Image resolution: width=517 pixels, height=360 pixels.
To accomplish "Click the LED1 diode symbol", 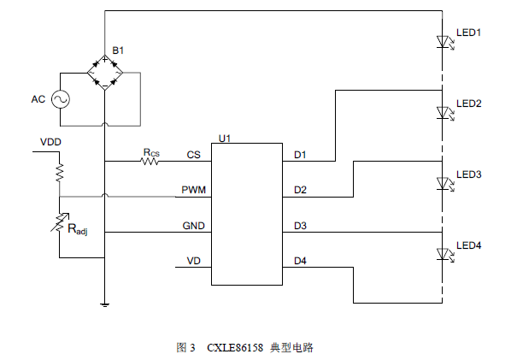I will (x=442, y=40).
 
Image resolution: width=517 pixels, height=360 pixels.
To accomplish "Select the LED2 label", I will (x=470, y=103).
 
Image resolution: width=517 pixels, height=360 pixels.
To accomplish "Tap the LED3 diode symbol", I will (x=442, y=182).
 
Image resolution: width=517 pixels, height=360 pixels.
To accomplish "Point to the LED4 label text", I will (x=470, y=245).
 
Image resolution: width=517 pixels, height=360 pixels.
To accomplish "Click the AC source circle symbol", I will (x=60, y=99).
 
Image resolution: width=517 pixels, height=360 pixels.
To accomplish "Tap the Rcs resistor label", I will (x=150, y=152).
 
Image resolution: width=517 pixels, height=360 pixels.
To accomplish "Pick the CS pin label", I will (x=193, y=155).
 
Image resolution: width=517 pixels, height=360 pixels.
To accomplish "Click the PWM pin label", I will (x=191, y=190).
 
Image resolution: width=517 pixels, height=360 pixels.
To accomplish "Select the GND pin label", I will (x=192, y=226).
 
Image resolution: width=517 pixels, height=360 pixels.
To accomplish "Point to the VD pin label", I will (x=194, y=260).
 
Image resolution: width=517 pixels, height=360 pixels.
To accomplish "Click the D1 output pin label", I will (x=300, y=155).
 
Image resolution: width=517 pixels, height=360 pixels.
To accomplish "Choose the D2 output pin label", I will (x=300, y=190).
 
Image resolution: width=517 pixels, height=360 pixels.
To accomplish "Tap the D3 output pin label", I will (x=300, y=226).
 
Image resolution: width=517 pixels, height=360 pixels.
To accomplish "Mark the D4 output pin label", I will (x=300, y=260).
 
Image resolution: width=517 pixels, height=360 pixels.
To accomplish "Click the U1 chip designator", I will (x=225, y=137).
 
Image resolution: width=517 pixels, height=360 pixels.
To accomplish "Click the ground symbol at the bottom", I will (x=104, y=303).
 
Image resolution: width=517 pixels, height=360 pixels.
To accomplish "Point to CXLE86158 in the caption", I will (x=235, y=348).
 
